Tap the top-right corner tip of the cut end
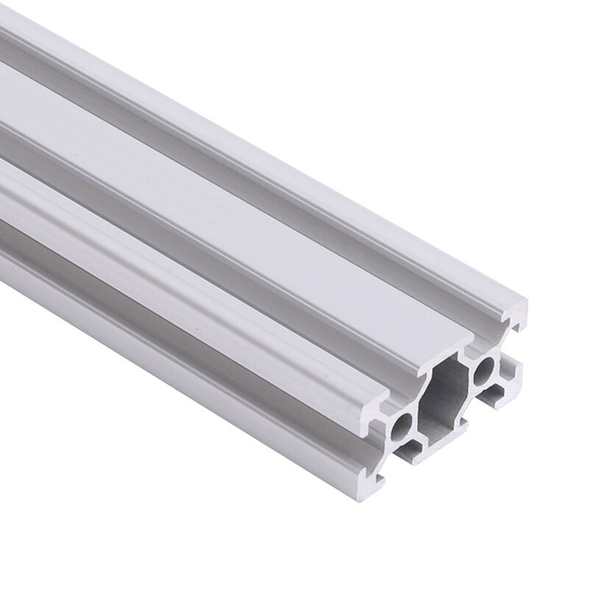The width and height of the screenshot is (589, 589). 524,303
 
